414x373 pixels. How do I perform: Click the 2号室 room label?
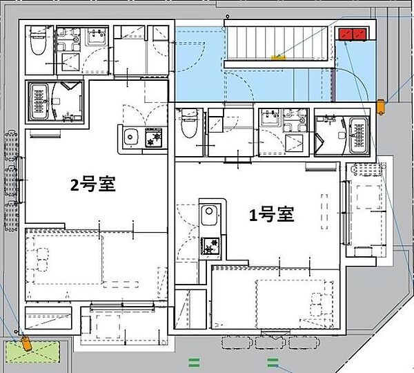[x=92, y=184]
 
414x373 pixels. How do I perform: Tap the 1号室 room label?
[x=272, y=214]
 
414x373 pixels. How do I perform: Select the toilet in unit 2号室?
[x=38, y=41]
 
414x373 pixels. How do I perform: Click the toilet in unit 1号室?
[x=190, y=123]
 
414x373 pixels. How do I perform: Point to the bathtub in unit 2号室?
[x=39, y=102]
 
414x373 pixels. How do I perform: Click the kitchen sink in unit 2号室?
[x=131, y=137]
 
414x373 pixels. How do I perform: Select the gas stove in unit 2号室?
[x=154, y=137]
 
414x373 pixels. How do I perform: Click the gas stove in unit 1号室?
[x=210, y=246]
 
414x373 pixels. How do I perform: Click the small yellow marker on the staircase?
[x=279, y=57]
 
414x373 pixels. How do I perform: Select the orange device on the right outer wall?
[x=380, y=106]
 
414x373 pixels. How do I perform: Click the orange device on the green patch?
[x=26, y=343]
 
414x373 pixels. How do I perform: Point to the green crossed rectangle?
[x=32, y=352]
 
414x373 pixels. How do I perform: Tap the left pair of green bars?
[x=194, y=363]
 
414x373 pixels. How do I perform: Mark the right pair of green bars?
[x=273, y=363]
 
